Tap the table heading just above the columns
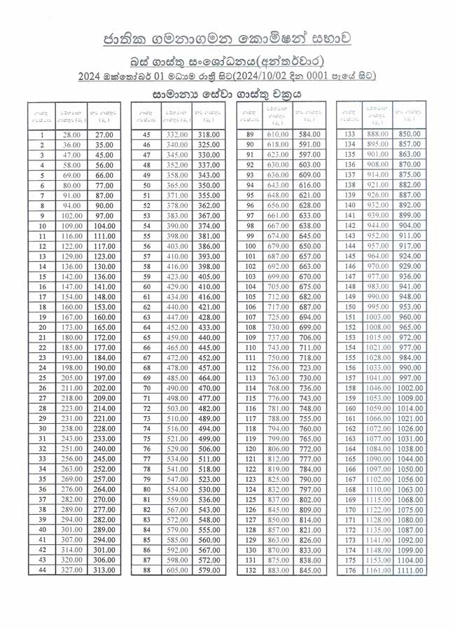tap(227, 93)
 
